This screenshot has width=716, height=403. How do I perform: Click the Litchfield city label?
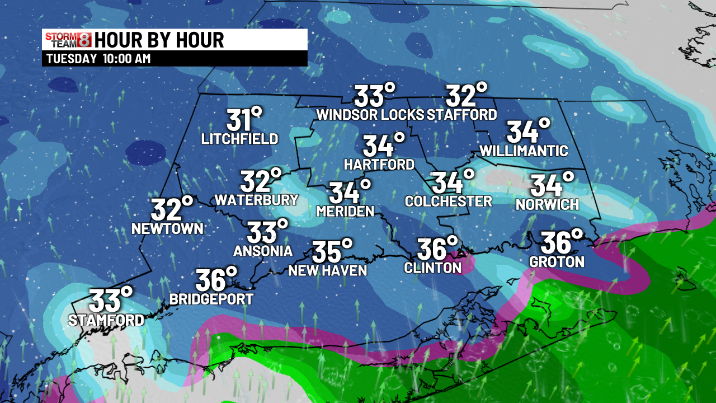tap(240, 139)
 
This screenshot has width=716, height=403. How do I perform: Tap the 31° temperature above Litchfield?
tap(244, 120)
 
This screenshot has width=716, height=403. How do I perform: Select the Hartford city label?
tap(379, 165)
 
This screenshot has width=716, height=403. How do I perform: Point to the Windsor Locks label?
tap(370, 115)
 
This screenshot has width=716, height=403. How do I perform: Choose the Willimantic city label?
tap(524, 151)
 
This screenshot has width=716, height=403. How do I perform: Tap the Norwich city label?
tap(547, 204)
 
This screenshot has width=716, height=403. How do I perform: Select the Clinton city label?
tap(433, 268)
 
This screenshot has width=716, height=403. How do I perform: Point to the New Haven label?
tap(327, 271)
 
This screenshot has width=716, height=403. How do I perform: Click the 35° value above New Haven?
tap(332, 251)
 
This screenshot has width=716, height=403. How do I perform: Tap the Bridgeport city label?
tap(211, 299)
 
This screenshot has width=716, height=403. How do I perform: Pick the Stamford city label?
tap(106, 320)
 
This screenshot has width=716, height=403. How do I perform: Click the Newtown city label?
tap(167, 228)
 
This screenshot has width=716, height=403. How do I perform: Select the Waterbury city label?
tap(256, 200)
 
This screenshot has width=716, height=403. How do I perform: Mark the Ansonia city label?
tap(263, 251)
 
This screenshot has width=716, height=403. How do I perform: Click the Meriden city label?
tap(345, 211)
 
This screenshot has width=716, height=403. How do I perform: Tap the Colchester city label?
tap(448, 201)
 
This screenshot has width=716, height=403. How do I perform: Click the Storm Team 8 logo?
tap(68, 40)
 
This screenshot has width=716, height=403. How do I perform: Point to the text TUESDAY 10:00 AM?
tap(98, 59)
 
